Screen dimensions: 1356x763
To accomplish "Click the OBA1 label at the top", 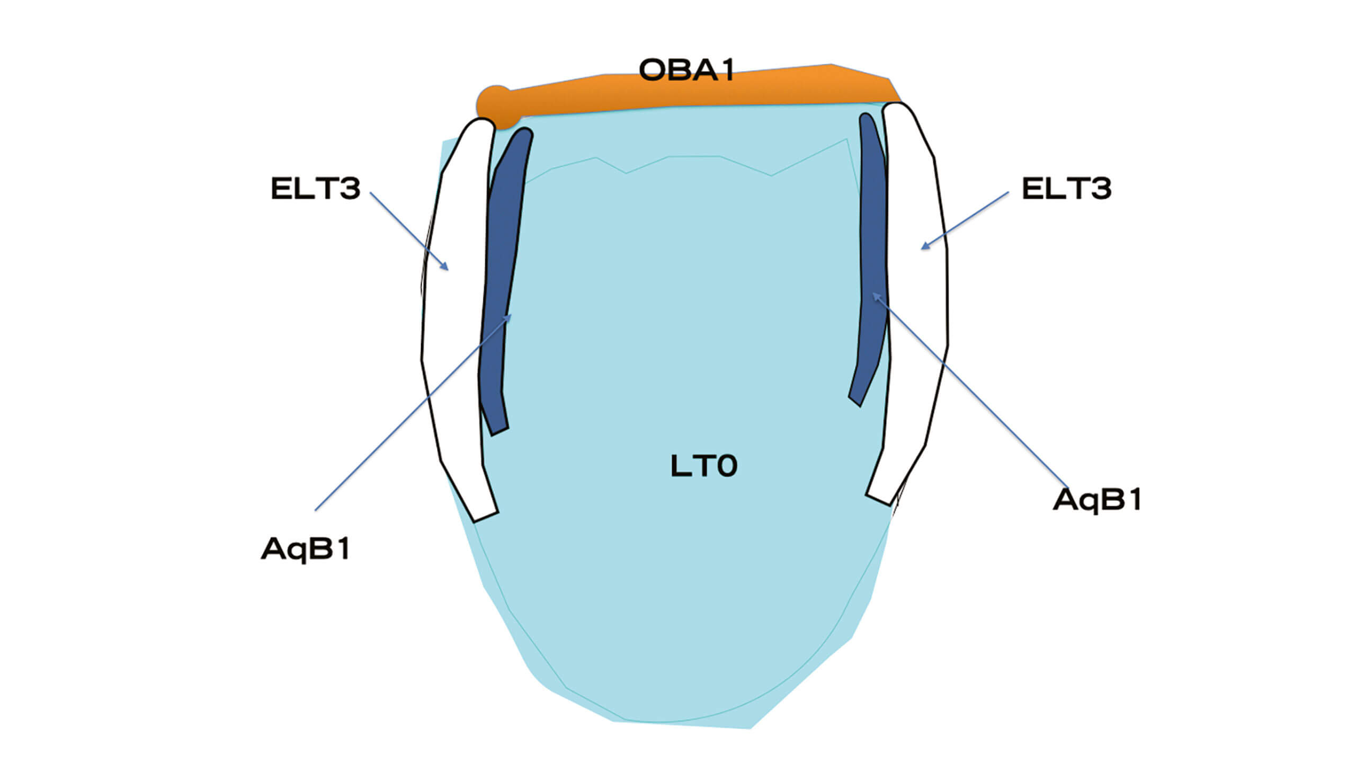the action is tap(687, 70).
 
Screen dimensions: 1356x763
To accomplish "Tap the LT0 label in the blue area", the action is tap(704, 466).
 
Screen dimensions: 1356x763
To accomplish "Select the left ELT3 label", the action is tap(316, 189).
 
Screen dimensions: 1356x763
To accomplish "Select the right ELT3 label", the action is tap(1067, 189).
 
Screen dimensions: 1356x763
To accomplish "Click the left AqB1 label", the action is tap(306, 549).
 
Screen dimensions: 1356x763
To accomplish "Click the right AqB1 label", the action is tap(1097, 500).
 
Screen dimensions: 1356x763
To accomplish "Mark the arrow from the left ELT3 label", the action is tap(409, 232).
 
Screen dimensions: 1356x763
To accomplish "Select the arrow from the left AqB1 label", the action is tap(414, 412).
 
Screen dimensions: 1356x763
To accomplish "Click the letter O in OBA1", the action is tap(653, 70).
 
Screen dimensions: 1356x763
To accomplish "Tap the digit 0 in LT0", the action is tap(724, 466).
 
